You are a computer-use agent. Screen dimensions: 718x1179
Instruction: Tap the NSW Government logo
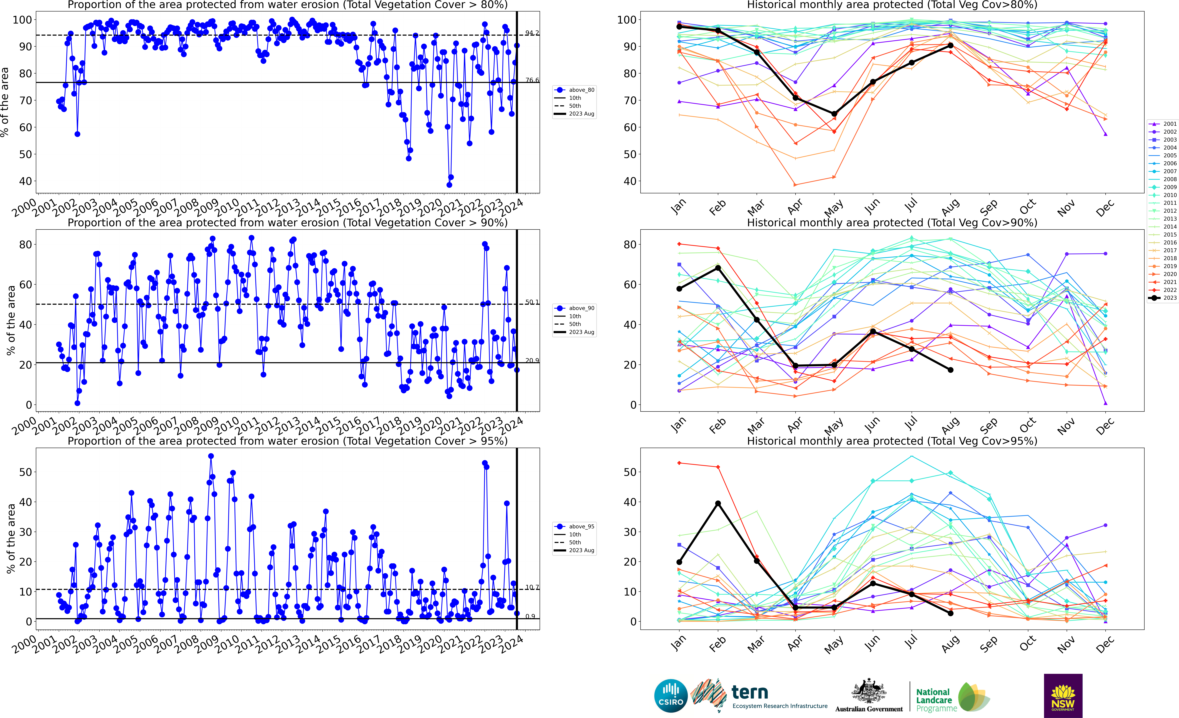pyautogui.click(x=1063, y=695)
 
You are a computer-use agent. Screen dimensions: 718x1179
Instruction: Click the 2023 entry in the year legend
pyautogui.click(x=1170, y=298)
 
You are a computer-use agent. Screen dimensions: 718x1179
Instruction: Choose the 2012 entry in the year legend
pyautogui.click(x=1170, y=211)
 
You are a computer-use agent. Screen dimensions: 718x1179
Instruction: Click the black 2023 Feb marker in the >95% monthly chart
pyautogui.click(x=718, y=504)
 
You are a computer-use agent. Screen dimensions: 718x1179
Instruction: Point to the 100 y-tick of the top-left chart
pyautogui.click(x=22, y=20)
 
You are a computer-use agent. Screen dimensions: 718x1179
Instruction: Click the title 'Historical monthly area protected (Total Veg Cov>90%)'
pyautogui.click(x=892, y=223)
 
